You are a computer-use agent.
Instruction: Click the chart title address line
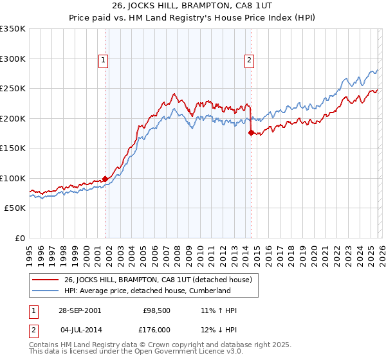193,6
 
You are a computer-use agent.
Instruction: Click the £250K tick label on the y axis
13,89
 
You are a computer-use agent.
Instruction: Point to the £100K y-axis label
13,178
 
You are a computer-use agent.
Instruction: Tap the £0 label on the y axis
21,238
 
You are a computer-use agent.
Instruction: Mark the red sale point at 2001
106,179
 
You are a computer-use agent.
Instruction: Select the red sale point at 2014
251,133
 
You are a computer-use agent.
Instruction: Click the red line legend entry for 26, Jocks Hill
161,280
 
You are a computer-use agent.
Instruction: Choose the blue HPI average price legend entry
147,291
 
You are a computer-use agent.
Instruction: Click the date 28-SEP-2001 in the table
79,310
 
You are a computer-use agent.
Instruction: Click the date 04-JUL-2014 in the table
79,330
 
